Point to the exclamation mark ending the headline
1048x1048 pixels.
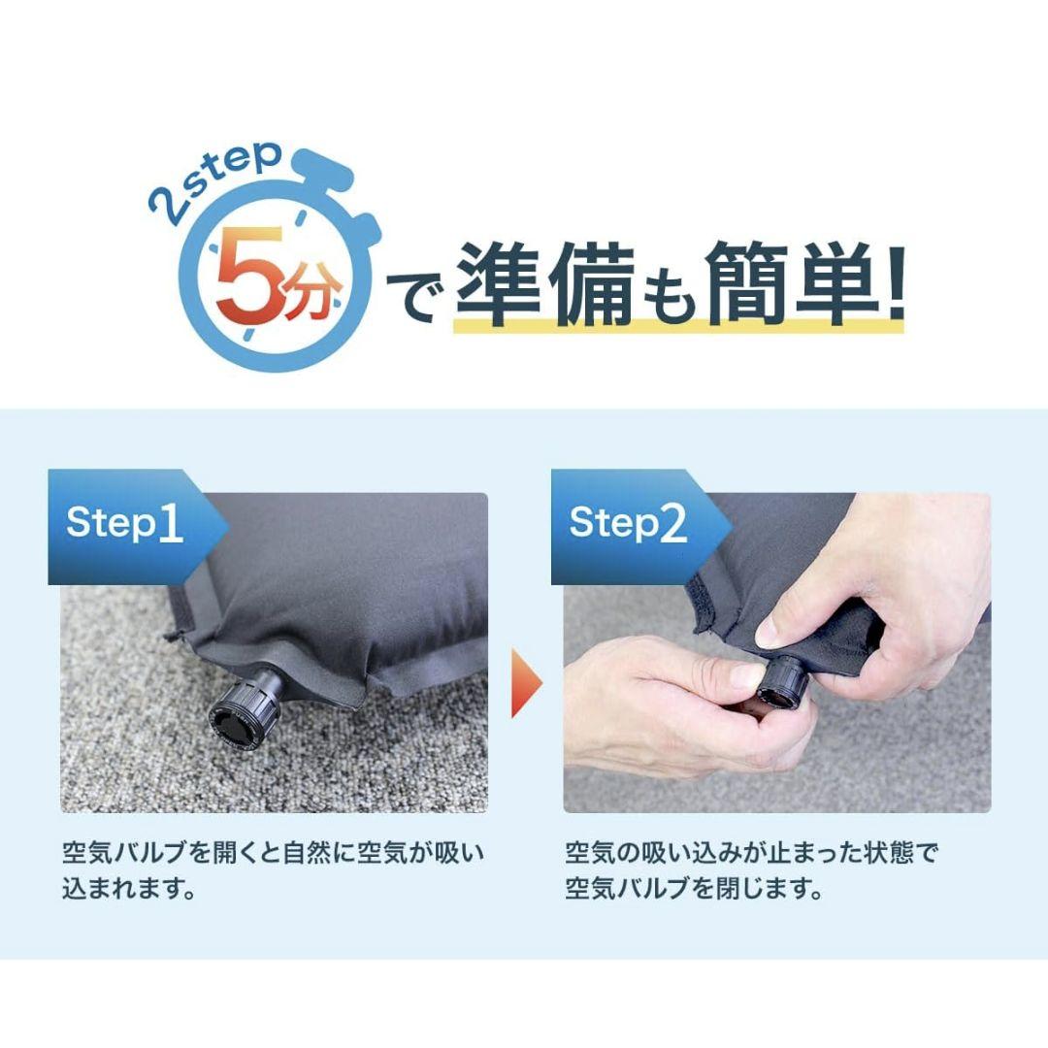pos(897,282)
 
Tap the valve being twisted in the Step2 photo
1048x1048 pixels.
pos(786,682)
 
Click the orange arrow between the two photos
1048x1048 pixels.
pos(527,684)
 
